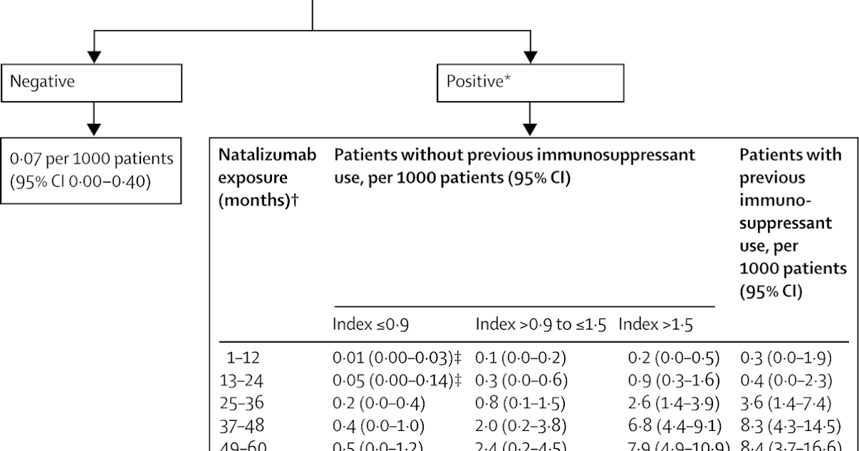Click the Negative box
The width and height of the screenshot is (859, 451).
(x=93, y=82)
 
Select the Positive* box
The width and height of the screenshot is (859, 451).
(x=530, y=82)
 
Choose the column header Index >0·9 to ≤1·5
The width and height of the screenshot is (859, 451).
(x=541, y=325)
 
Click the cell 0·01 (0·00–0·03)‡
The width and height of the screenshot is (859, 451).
(x=397, y=358)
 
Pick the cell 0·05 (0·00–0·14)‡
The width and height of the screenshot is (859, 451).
(x=397, y=381)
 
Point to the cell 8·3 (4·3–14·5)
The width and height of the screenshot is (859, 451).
(x=790, y=427)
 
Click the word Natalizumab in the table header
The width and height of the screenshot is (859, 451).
(x=267, y=155)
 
